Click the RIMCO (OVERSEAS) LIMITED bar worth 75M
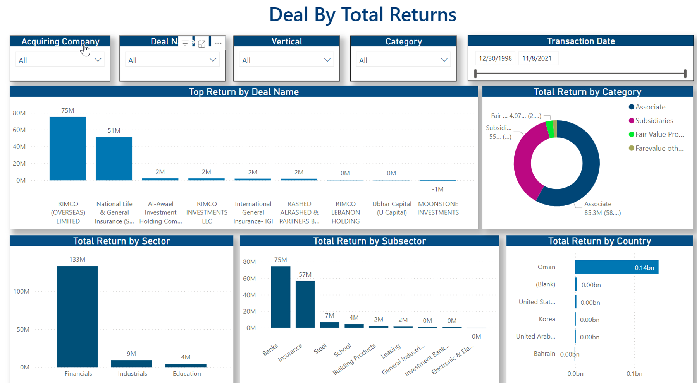click(x=68, y=149)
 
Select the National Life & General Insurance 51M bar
click(x=114, y=159)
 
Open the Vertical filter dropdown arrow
click(x=327, y=60)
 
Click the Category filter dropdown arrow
click(x=444, y=60)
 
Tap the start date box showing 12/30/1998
click(x=495, y=58)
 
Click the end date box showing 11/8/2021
click(x=537, y=58)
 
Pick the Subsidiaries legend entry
click(x=654, y=121)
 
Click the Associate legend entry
click(x=650, y=107)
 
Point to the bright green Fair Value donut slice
click(x=549, y=129)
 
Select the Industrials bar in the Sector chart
click(x=131, y=364)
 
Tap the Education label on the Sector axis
click(x=187, y=374)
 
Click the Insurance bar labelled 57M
click(x=305, y=304)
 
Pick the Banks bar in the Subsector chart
click(x=281, y=297)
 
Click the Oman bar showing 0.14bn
click(x=616, y=267)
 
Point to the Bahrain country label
click(x=544, y=354)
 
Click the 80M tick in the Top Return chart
click(x=19, y=113)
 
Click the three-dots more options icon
click(x=218, y=43)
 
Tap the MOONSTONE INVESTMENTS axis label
click(x=438, y=208)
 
